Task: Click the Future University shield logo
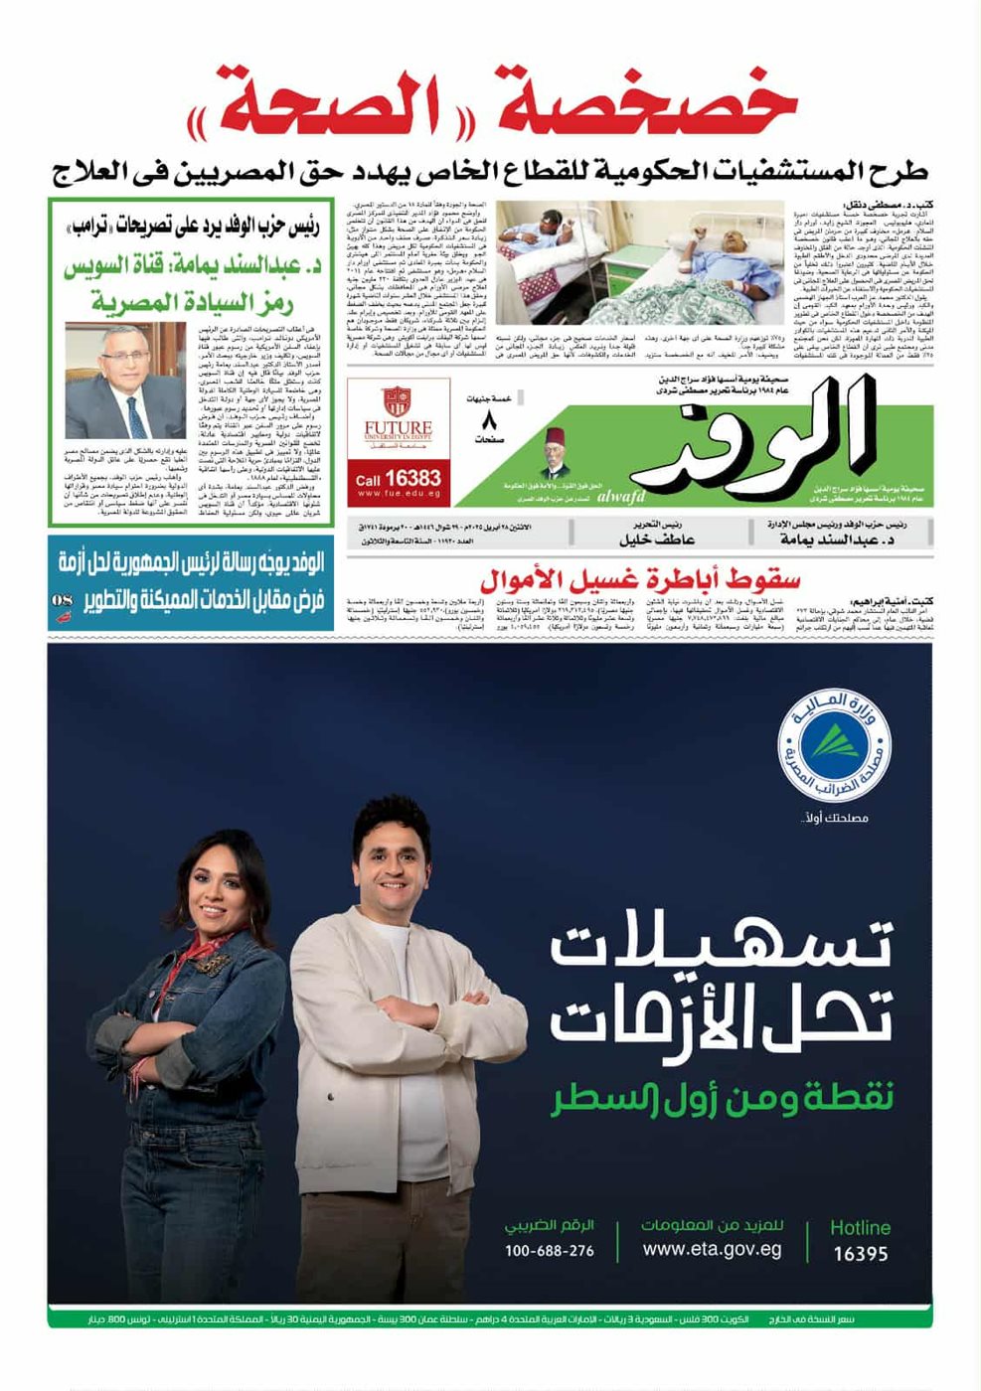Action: click(x=397, y=402)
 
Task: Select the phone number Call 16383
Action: click(x=398, y=478)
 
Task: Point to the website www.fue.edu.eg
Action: click(x=398, y=494)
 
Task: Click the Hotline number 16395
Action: click(x=861, y=1254)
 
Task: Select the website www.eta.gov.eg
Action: click(x=712, y=1250)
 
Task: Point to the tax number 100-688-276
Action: click(x=549, y=1251)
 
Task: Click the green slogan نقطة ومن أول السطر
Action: click(x=723, y=1098)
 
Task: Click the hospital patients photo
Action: click(x=639, y=262)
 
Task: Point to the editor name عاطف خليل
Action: click(x=656, y=540)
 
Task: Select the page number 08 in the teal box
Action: click(x=62, y=601)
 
